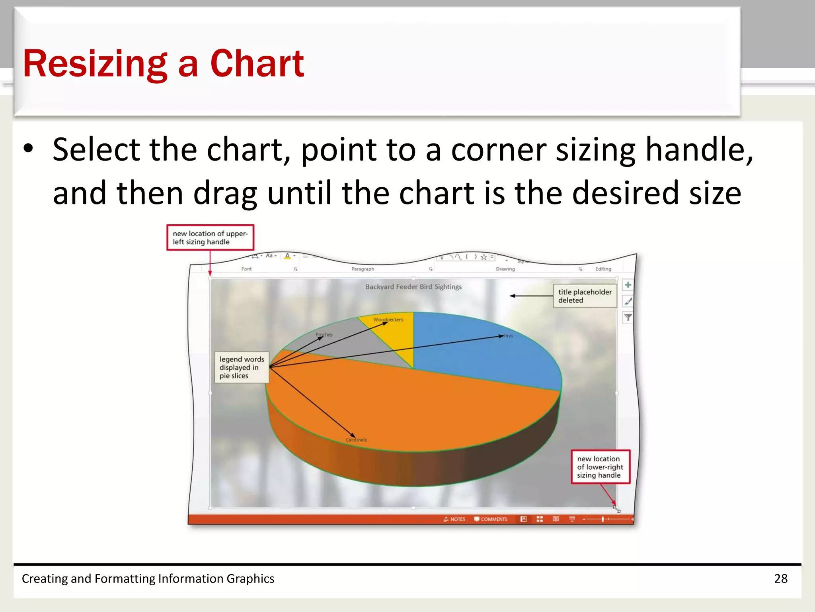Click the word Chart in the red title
pos(257,64)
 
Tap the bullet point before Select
pos(28,149)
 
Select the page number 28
pos(780,579)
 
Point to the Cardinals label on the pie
pos(356,440)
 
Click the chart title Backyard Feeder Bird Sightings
pos(413,287)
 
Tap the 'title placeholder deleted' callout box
pos(585,296)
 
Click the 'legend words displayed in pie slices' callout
pos(242,367)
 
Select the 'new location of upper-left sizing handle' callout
pos(210,237)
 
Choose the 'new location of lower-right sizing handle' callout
pos(600,467)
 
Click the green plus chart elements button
pos(628,285)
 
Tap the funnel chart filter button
pos(628,318)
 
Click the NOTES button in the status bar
pos(454,519)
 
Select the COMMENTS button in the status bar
pos(491,519)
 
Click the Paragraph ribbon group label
pos(363,269)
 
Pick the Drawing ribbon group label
pos(505,269)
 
